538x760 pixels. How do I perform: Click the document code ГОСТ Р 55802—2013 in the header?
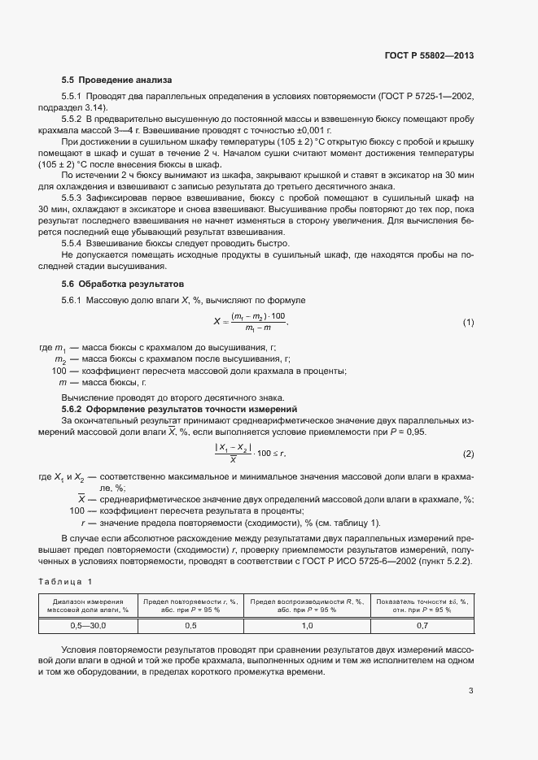point(429,56)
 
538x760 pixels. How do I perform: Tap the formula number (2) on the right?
point(468,453)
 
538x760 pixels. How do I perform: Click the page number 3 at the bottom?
point(471,691)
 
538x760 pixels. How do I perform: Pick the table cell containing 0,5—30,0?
point(88,626)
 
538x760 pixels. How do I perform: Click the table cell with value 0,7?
point(422,626)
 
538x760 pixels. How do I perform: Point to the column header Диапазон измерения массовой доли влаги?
point(88,605)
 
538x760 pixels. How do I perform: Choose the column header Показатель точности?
point(422,605)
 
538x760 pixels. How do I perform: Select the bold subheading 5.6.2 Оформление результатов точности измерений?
point(180,408)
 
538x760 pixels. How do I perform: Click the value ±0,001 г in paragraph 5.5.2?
point(310,130)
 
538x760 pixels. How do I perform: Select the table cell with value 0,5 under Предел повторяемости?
point(190,626)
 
